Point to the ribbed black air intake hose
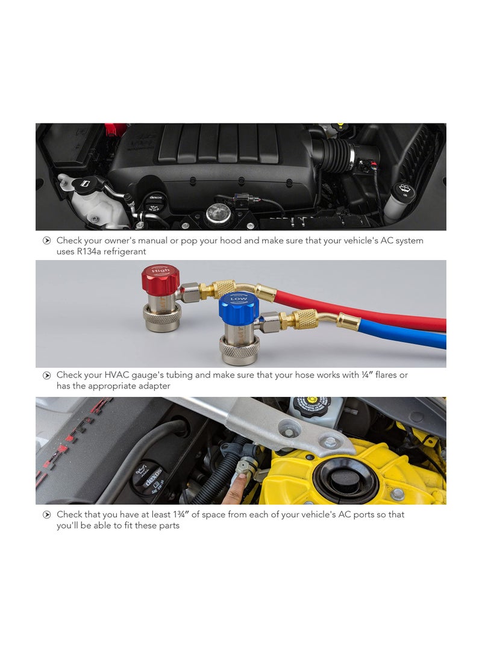[x=334, y=156]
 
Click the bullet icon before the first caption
[x=46, y=241]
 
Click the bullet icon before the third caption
[x=46, y=515]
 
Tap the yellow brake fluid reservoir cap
[x=311, y=405]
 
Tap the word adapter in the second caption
[x=153, y=386]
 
